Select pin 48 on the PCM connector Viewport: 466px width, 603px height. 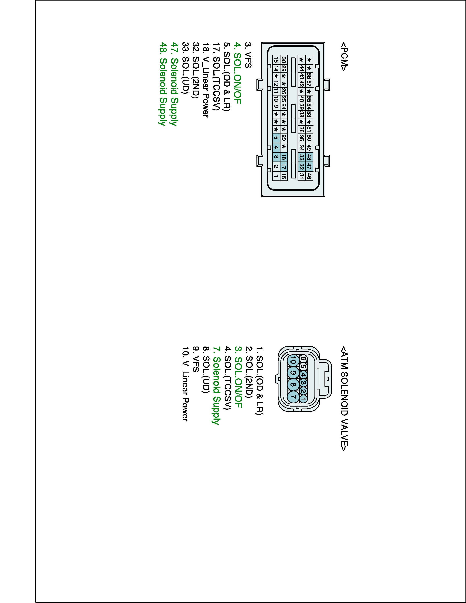click(309, 157)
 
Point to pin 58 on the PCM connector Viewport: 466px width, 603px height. click(309, 75)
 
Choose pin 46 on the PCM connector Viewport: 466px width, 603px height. click(309, 176)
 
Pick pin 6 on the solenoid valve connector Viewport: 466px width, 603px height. click(303, 358)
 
